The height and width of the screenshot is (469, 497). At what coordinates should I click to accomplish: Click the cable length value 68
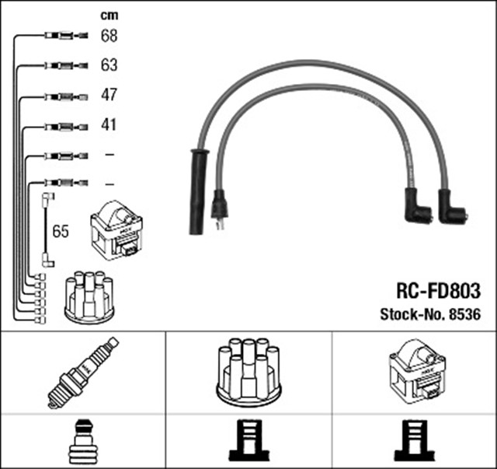pos(109,36)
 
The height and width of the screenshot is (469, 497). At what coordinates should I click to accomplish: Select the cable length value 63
pos(109,65)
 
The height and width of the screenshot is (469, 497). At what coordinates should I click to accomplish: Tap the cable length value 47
pos(109,95)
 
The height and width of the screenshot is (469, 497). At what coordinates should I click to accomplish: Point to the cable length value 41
pos(109,124)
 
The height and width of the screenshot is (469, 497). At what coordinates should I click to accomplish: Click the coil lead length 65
pos(61,232)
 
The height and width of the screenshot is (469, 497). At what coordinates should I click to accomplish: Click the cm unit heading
pos(109,14)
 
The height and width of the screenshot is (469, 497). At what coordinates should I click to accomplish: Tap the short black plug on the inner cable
pos(220,208)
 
